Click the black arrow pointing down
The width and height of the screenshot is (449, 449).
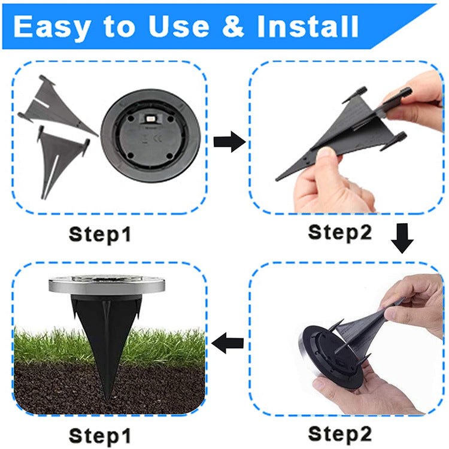[x=402, y=239]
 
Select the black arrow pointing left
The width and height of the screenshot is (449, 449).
[x=229, y=344]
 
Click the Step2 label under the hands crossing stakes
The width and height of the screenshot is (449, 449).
[x=339, y=231]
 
